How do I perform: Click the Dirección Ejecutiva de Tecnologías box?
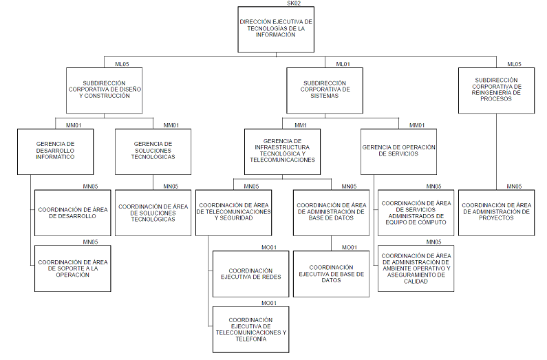pos(276,30)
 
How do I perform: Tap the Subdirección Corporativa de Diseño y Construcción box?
pos(104,90)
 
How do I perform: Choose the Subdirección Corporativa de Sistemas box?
pos(326,90)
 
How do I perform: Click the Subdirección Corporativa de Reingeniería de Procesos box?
pos(497,90)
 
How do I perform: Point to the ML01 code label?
pos(343,64)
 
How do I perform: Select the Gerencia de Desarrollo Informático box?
pos(55,151)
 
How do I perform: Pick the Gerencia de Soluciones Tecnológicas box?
pos(153,151)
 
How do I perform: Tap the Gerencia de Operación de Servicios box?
pos(399,151)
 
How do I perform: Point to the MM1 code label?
pos(300,125)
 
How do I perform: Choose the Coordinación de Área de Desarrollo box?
pos(72,213)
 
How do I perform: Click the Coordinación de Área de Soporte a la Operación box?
pos(72,268)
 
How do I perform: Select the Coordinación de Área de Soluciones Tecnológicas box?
pos(153,213)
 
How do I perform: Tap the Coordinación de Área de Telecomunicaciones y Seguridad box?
pos(234,213)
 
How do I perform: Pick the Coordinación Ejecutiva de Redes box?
pos(250,274)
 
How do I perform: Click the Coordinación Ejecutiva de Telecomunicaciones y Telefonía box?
pos(250,330)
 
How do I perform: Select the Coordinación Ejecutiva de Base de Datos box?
pos(331,274)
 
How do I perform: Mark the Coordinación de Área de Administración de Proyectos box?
pos(497,213)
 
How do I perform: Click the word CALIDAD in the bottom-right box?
pos(416,280)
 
